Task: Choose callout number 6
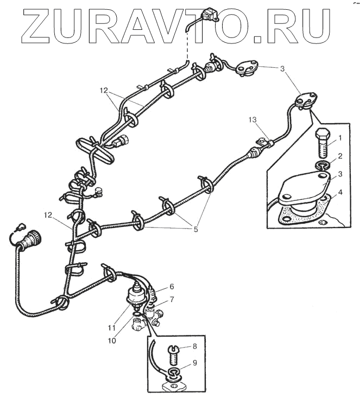point(171,286)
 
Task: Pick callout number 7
point(171,299)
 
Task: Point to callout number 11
point(112,327)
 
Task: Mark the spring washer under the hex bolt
point(321,164)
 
